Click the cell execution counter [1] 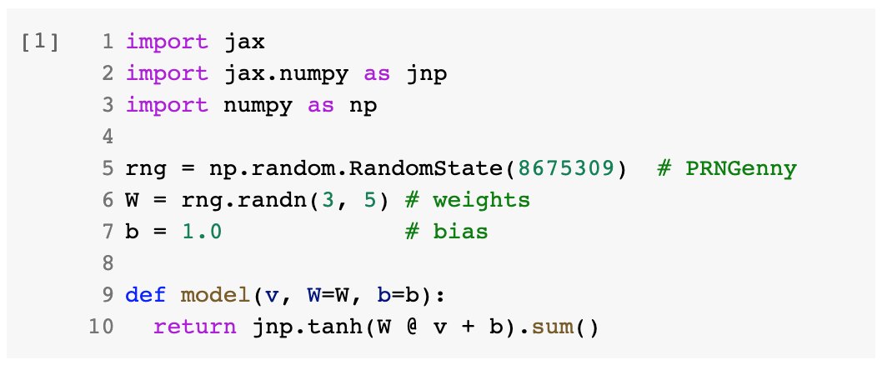point(41,42)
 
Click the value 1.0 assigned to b point(203,232)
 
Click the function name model point(213,296)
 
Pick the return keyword point(195,327)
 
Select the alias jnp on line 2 point(426,73)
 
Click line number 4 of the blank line point(108,137)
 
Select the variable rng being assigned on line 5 point(146,169)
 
